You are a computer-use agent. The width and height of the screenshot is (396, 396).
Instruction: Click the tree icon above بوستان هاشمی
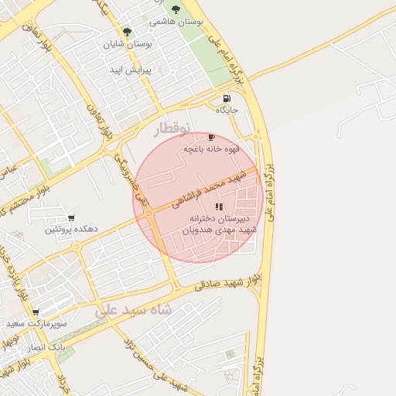[x=176, y=10]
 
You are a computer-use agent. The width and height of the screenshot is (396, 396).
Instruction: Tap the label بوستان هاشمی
[x=176, y=23]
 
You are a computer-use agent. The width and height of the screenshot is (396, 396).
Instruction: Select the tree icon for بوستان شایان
[x=127, y=32]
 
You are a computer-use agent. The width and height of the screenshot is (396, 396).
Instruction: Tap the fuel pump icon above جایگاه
[x=226, y=98]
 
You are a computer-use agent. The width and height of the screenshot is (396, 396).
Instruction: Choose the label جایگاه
[x=227, y=111]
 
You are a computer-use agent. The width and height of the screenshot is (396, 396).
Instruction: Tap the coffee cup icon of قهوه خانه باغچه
[x=212, y=137]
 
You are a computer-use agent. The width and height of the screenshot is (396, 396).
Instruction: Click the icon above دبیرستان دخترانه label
[x=219, y=207]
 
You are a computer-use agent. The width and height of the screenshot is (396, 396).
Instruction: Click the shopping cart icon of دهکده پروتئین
[x=72, y=218]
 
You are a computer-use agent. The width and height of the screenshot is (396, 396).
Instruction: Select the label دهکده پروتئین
[x=70, y=230]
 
